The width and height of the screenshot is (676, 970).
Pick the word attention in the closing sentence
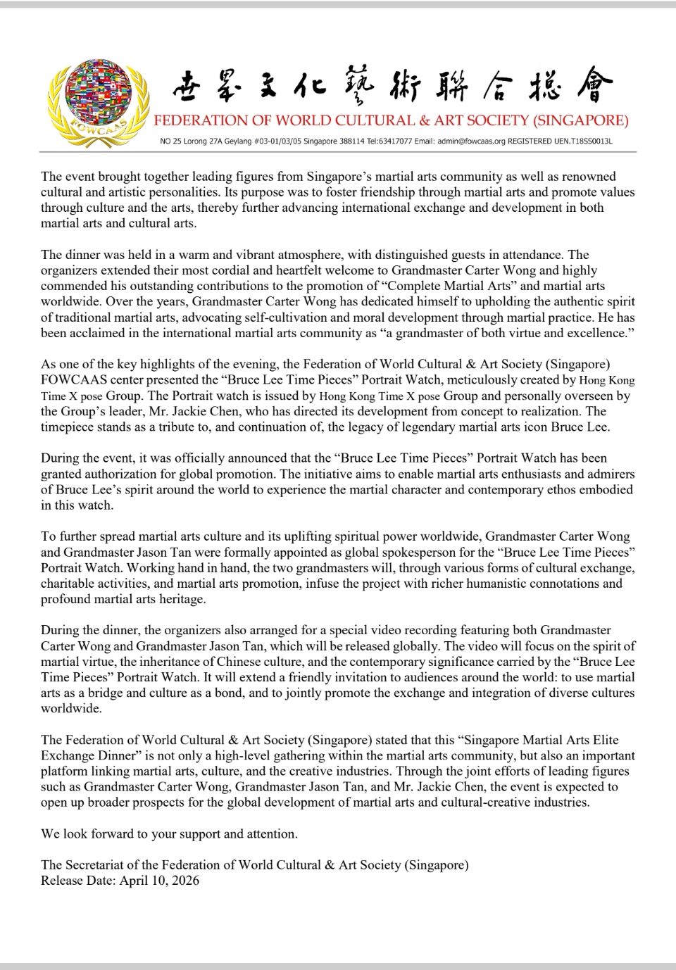click(270, 833)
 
